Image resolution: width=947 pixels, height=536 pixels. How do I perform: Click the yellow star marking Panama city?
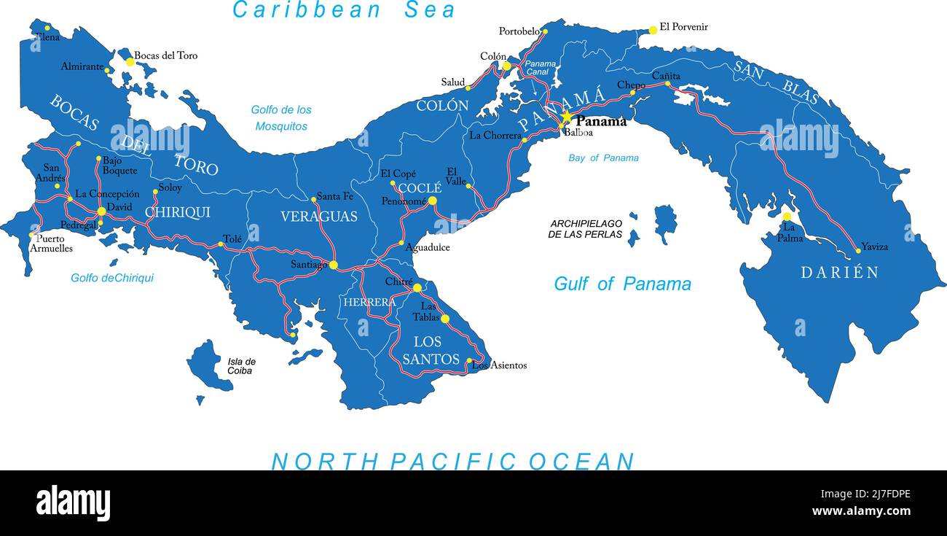click(566, 117)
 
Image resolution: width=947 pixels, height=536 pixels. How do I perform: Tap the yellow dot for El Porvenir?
click(653, 30)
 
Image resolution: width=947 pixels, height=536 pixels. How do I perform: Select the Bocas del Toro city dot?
click(130, 62)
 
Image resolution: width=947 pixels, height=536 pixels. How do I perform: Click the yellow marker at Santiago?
click(334, 265)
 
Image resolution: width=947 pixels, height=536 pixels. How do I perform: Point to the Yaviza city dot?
click(858, 250)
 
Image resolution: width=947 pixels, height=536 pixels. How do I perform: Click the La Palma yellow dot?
click(787, 217)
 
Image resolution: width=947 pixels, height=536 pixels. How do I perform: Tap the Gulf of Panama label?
click(622, 284)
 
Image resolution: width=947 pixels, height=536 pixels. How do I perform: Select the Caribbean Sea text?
click(344, 10)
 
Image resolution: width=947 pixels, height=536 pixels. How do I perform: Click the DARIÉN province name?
click(839, 273)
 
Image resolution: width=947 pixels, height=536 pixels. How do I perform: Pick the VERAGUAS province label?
click(319, 217)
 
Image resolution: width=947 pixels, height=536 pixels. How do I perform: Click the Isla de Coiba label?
click(241, 366)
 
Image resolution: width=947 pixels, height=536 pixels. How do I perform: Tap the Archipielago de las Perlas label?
click(586, 229)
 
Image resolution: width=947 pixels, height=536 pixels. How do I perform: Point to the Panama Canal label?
click(541, 68)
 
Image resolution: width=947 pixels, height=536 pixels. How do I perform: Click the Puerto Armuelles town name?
click(52, 244)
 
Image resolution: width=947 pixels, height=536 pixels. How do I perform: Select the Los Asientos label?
click(500, 365)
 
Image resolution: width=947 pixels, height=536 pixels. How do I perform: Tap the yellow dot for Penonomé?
click(432, 201)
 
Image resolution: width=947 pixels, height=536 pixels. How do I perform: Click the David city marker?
click(101, 211)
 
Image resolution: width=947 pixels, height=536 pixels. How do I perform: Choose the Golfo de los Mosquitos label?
click(281, 118)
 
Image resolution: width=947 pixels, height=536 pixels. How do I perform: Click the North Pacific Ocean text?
click(452, 461)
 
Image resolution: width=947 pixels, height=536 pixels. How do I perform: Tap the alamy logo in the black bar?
click(73, 503)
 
